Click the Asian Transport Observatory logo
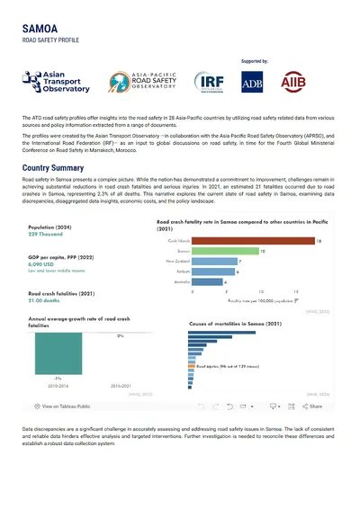[x=57, y=85]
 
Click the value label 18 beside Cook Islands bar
[x=319, y=241]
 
